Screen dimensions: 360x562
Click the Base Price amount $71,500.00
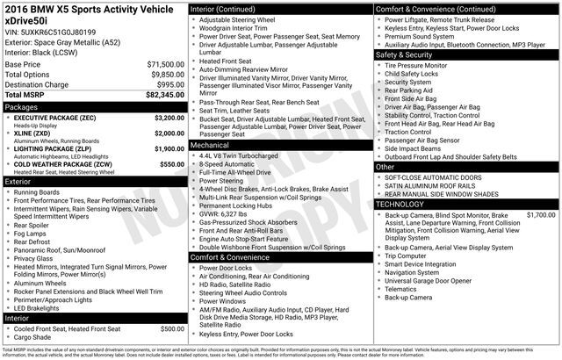click(166, 65)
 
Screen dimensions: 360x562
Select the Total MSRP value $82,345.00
click(166, 94)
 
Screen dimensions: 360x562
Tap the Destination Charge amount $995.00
click(169, 84)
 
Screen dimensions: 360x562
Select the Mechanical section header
click(210, 144)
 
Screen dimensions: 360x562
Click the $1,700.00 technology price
click(541, 214)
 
